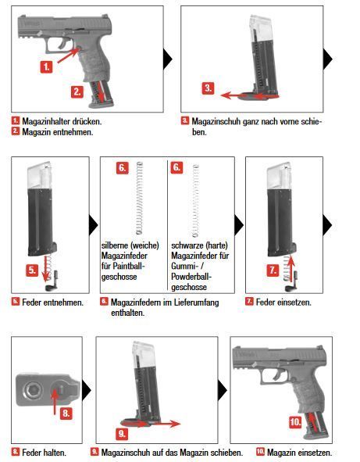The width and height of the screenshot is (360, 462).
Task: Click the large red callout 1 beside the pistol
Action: pos(47,67)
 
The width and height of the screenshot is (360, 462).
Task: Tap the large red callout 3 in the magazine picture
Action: pos(208,88)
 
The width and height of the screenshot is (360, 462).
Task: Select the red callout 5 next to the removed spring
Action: pos(32,271)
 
